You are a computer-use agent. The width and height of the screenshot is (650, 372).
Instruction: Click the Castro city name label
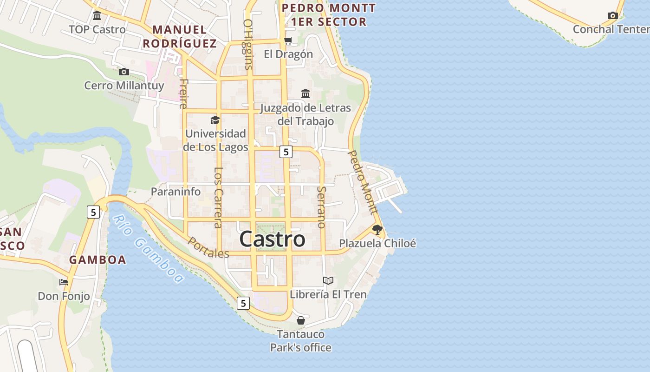pyautogui.click(x=273, y=239)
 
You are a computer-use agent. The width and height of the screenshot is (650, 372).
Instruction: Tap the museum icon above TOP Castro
pyautogui.click(x=97, y=16)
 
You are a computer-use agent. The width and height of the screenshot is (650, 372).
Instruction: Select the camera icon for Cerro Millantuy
pyautogui.click(x=123, y=72)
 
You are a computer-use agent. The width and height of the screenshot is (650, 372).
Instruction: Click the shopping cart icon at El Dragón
pyautogui.click(x=288, y=40)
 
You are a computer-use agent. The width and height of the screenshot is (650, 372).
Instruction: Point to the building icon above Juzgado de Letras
pyautogui.click(x=305, y=94)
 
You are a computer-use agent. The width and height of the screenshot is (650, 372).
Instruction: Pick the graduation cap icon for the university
pyautogui.click(x=215, y=120)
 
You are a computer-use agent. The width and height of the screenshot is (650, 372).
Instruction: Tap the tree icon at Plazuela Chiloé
pyautogui.click(x=377, y=229)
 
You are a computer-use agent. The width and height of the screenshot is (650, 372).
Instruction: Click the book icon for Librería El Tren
pyautogui.click(x=328, y=280)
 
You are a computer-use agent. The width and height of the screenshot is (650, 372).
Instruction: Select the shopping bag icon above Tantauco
pyautogui.click(x=301, y=320)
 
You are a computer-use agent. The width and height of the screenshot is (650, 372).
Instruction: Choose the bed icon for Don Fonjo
pyautogui.click(x=64, y=282)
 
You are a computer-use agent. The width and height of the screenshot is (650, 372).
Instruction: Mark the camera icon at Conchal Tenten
pyautogui.click(x=612, y=15)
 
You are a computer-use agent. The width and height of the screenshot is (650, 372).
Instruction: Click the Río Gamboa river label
pyautogui.click(x=148, y=249)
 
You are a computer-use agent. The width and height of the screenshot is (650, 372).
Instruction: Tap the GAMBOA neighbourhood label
pyautogui.click(x=97, y=260)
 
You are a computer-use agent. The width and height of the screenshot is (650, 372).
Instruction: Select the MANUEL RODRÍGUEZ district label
pyautogui.click(x=180, y=37)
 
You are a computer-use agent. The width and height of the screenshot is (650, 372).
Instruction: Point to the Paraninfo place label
pyautogui.click(x=175, y=192)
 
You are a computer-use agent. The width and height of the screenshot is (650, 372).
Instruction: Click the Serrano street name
pyautogui.click(x=321, y=207)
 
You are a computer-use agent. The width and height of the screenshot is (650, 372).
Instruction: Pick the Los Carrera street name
pyautogui.click(x=218, y=197)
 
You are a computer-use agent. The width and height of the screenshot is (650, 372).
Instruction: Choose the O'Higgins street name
pyautogui.click(x=248, y=44)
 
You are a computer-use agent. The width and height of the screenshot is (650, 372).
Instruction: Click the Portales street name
pyautogui.click(x=208, y=248)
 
